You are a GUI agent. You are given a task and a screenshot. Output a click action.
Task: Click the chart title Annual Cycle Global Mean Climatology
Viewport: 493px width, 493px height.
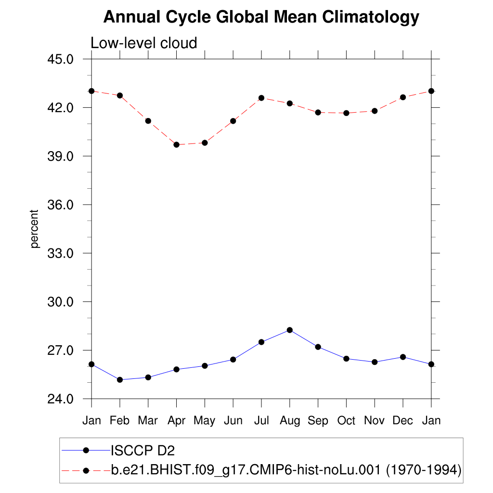pyautogui.click(x=261, y=17)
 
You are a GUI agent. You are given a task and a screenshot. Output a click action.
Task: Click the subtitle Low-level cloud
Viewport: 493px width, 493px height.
pyautogui.click(x=144, y=43)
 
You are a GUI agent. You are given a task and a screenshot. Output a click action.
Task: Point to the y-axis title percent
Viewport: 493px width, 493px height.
pyautogui.click(x=34, y=229)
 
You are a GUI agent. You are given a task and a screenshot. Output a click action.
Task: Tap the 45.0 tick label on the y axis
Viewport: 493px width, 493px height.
pyautogui.click(x=60, y=59)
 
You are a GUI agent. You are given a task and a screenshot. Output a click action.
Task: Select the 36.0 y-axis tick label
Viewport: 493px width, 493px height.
pyautogui.click(x=60, y=205)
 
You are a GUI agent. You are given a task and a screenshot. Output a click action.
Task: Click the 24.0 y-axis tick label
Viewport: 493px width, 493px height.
pyautogui.click(x=60, y=399)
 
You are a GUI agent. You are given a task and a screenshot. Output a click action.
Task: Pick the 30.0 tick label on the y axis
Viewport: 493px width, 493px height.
pyautogui.click(x=60, y=302)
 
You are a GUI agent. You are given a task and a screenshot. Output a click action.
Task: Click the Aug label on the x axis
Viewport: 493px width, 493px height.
pyautogui.click(x=289, y=421)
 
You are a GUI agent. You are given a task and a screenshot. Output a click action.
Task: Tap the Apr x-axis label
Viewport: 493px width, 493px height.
pyautogui.click(x=176, y=421)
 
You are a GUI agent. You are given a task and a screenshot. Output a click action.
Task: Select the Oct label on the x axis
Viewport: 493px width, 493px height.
pyautogui.click(x=346, y=421)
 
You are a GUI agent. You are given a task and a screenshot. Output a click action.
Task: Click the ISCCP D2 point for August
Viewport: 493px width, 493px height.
pyautogui.click(x=289, y=330)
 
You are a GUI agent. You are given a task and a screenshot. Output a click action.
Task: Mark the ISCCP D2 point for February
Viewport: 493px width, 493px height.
pyautogui.click(x=120, y=380)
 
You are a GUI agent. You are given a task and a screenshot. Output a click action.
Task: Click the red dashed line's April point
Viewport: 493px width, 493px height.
pyautogui.click(x=176, y=144)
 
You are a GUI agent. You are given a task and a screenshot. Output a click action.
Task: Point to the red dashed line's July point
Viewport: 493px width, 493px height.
pyautogui.click(x=261, y=98)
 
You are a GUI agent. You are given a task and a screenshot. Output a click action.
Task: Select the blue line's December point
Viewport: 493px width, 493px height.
pyautogui.click(x=403, y=357)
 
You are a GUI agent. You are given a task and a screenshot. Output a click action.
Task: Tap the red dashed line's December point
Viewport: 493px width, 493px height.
pyautogui.click(x=403, y=97)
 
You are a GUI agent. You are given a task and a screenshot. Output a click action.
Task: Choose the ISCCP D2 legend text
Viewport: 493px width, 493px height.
pyautogui.click(x=143, y=451)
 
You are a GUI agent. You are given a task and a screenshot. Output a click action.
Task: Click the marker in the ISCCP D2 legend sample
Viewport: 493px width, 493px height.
pyautogui.click(x=86, y=451)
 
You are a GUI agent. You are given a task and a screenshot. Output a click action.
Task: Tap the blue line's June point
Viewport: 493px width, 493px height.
pyautogui.click(x=233, y=359)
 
